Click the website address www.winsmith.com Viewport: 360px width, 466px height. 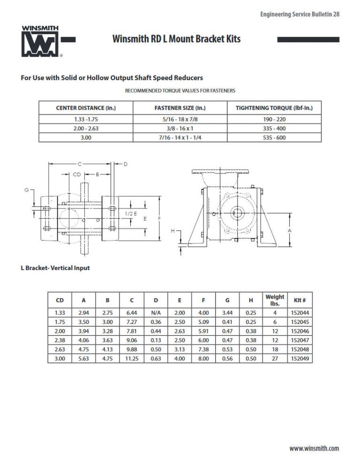pyautogui.click(x=314, y=449)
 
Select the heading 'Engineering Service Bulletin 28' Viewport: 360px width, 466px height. pyautogui.click(x=300, y=15)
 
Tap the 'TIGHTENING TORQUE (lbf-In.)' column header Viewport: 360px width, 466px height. pyautogui.click(x=274, y=108)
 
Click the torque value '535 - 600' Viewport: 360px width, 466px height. pyautogui.click(x=274, y=138)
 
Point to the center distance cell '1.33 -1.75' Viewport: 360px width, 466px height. pyautogui.click(x=86, y=119)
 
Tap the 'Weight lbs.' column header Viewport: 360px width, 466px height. pyautogui.click(x=275, y=300)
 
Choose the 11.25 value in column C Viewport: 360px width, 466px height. pyautogui.click(x=132, y=358)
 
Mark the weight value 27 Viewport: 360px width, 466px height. pyautogui.click(x=275, y=358)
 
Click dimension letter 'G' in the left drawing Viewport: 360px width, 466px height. pyautogui.click(x=27, y=190)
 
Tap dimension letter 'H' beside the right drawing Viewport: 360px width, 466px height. pyautogui.click(x=173, y=231)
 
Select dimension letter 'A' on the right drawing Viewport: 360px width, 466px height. pyautogui.click(x=290, y=231)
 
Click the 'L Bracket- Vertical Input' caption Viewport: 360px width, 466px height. pyautogui.click(x=55, y=268)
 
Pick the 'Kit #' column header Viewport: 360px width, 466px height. pyautogui.click(x=300, y=300)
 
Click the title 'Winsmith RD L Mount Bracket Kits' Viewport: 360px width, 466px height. pyautogui.click(x=176, y=39)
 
